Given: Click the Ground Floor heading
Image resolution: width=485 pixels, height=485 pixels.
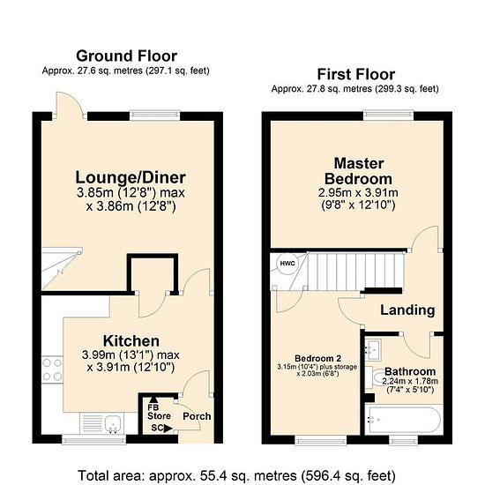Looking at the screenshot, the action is (x=126, y=56).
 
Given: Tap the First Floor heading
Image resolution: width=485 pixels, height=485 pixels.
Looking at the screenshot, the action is (x=356, y=75).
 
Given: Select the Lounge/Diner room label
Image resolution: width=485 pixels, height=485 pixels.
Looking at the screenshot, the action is (x=131, y=177).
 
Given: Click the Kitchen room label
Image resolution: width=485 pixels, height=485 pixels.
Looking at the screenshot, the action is (x=131, y=341).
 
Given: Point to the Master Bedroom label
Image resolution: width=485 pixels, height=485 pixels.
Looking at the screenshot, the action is (x=359, y=171).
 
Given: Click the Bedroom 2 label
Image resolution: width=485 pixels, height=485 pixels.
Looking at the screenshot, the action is (x=317, y=359).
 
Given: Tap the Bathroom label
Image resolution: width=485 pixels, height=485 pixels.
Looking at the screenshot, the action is (x=410, y=371).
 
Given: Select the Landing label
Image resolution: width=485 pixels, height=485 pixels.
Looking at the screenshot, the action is (x=407, y=310).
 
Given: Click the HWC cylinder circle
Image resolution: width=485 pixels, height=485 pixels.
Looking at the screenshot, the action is (x=287, y=264).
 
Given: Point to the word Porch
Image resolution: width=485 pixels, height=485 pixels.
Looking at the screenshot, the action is (x=197, y=416).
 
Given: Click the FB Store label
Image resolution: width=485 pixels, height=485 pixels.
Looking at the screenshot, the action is (x=159, y=412).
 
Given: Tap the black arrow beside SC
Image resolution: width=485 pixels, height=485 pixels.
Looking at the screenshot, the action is (x=168, y=429).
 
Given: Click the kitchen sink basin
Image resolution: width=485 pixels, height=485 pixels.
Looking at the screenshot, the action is (x=113, y=423).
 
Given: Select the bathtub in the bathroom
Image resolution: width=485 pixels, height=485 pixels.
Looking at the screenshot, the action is (x=403, y=420).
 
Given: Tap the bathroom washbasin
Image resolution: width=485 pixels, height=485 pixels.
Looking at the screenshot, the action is (x=373, y=349).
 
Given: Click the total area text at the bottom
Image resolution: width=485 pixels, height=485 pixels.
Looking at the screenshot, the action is (x=236, y=475).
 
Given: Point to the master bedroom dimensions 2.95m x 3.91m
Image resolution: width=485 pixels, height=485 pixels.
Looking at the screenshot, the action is (x=358, y=193).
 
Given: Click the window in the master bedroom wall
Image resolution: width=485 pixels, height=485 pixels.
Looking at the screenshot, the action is (x=389, y=116).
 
